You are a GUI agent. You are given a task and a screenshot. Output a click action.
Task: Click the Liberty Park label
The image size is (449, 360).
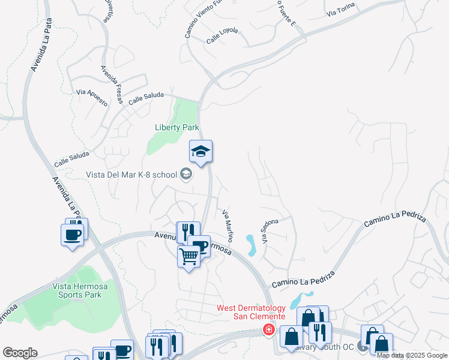(176, 127)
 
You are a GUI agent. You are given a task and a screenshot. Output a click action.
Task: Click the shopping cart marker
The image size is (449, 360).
(189, 257)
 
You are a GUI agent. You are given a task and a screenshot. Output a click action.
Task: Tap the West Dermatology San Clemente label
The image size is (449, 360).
(250, 312)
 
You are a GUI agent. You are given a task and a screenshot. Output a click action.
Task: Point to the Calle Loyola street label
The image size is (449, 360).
(222, 35)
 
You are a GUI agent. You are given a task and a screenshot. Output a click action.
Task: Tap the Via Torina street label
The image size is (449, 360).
(341, 9)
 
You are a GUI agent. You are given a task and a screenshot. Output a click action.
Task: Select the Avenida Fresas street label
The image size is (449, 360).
(111, 84)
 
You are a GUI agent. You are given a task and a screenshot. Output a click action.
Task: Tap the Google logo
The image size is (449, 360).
(20, 353)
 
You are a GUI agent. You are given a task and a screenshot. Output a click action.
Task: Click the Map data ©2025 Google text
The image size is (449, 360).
(412, 355)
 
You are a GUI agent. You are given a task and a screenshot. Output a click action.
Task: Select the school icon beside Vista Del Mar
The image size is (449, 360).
(186, 175)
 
